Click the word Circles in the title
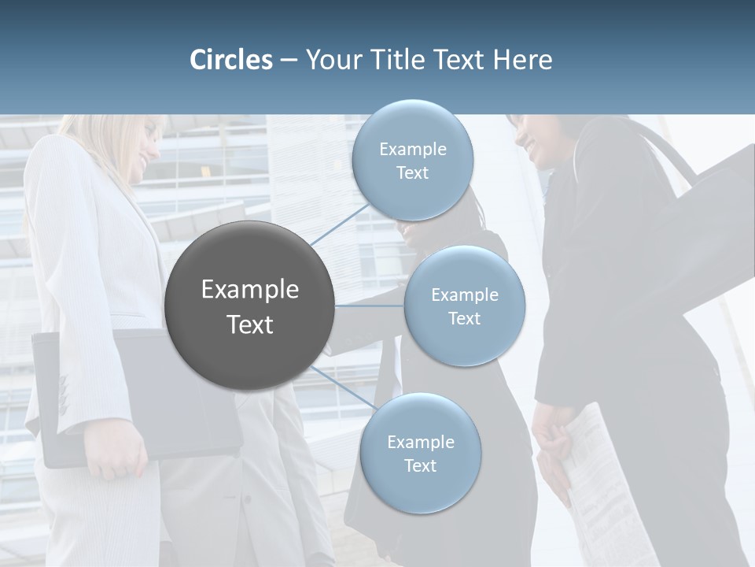pyautogui.click(x=231, y=60)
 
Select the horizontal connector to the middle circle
pyautogui.click(x=369, y=306)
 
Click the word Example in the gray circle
pyautogui.click(x=250, y=290)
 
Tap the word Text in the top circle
pyautogui.click(x=412, y=173)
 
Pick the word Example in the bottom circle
pyautogui.click(x=420, y=442)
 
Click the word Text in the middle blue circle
pyautogui.click(x=464, y=318)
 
